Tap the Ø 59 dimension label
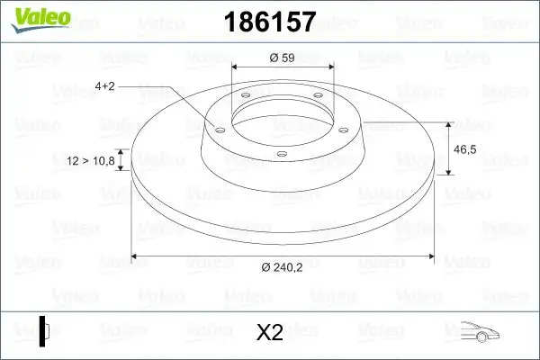pos(283,58)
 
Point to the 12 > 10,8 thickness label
pos(91,161)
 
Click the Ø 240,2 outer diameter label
pos(283,267)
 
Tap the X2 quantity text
pos(269,332)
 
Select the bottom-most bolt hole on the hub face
pos(282,154)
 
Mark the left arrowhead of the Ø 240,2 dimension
pos(136,256)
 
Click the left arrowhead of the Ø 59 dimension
pos(236,67)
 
